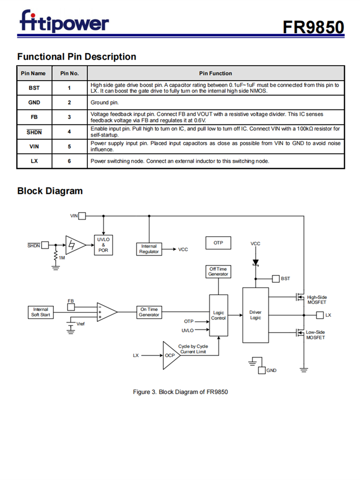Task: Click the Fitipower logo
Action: [64, 22]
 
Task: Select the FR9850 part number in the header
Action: [313, 27]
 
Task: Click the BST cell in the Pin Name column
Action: [34, 88]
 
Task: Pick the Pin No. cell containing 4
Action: [69, 132]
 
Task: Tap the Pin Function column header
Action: [216, 73]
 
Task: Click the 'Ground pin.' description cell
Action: [216, 103]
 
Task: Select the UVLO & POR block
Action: [103, 245]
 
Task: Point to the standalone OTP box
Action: [218, 243]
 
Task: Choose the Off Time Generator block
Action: [218, 272]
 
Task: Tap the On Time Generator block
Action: [149, 312]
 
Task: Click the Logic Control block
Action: [218, 315]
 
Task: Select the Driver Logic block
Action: [255, 315]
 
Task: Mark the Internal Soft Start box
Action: [40, 312]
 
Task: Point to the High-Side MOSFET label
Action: [317, 300]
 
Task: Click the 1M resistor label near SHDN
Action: [62, 258]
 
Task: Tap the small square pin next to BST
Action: [276, 278]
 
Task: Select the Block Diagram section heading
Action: [50, 191]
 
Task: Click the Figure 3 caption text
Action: [180, 392]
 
